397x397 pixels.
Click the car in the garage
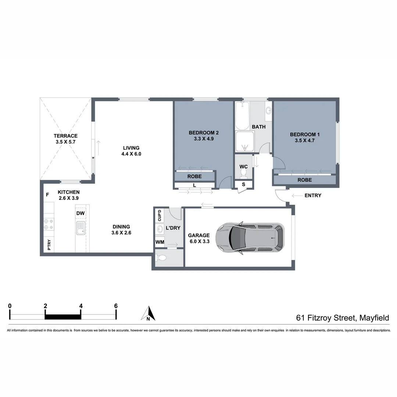250,238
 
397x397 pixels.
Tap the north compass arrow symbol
148,314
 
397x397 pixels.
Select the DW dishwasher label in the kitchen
81,213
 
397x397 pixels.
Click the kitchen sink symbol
81,228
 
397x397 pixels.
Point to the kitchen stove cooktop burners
49,224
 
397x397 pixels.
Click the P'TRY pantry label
49,245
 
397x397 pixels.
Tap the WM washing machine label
160,242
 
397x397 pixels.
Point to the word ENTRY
313,196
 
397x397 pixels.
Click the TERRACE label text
65,136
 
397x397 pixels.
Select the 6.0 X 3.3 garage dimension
198,242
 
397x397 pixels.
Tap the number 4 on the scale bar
81,306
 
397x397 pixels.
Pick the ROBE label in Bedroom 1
304,180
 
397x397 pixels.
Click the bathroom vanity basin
268,110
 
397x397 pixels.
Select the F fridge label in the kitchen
47,195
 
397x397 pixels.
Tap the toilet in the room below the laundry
162,258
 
